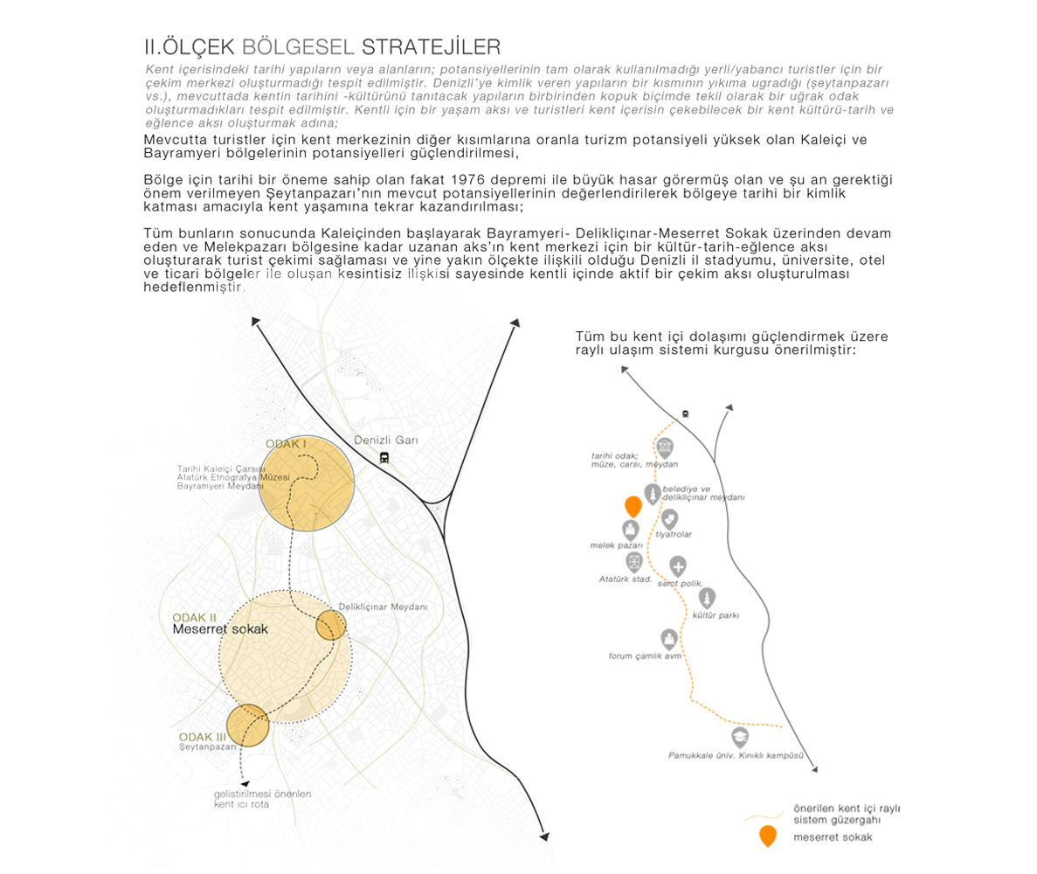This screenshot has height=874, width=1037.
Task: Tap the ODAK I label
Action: [x=286, y=444]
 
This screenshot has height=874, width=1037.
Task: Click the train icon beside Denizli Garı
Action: [x=384, y=457]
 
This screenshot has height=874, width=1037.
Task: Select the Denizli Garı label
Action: [x=386, y=440]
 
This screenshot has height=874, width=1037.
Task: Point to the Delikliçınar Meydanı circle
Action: [x=331, y=625]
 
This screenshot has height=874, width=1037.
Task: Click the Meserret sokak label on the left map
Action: [x=219, y=628]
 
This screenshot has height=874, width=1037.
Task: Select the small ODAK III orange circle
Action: [x=247, y=725]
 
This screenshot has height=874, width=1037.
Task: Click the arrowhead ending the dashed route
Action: [x=244, y=784]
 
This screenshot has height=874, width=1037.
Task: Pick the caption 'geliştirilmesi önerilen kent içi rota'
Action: [x=262, y=798]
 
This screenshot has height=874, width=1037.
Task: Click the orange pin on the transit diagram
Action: [x=633, y=507]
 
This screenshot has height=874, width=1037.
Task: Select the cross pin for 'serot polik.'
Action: [x=678, y=566]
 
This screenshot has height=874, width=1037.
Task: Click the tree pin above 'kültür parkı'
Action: [x=707, y=598]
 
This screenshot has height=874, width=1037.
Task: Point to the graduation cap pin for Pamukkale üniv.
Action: [x=740, y=737]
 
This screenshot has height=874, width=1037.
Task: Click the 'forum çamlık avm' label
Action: [x=645, y=655]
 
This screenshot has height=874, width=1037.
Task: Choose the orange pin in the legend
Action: [x=766, y=836]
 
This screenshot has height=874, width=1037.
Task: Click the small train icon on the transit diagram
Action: [x=685, y=413]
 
